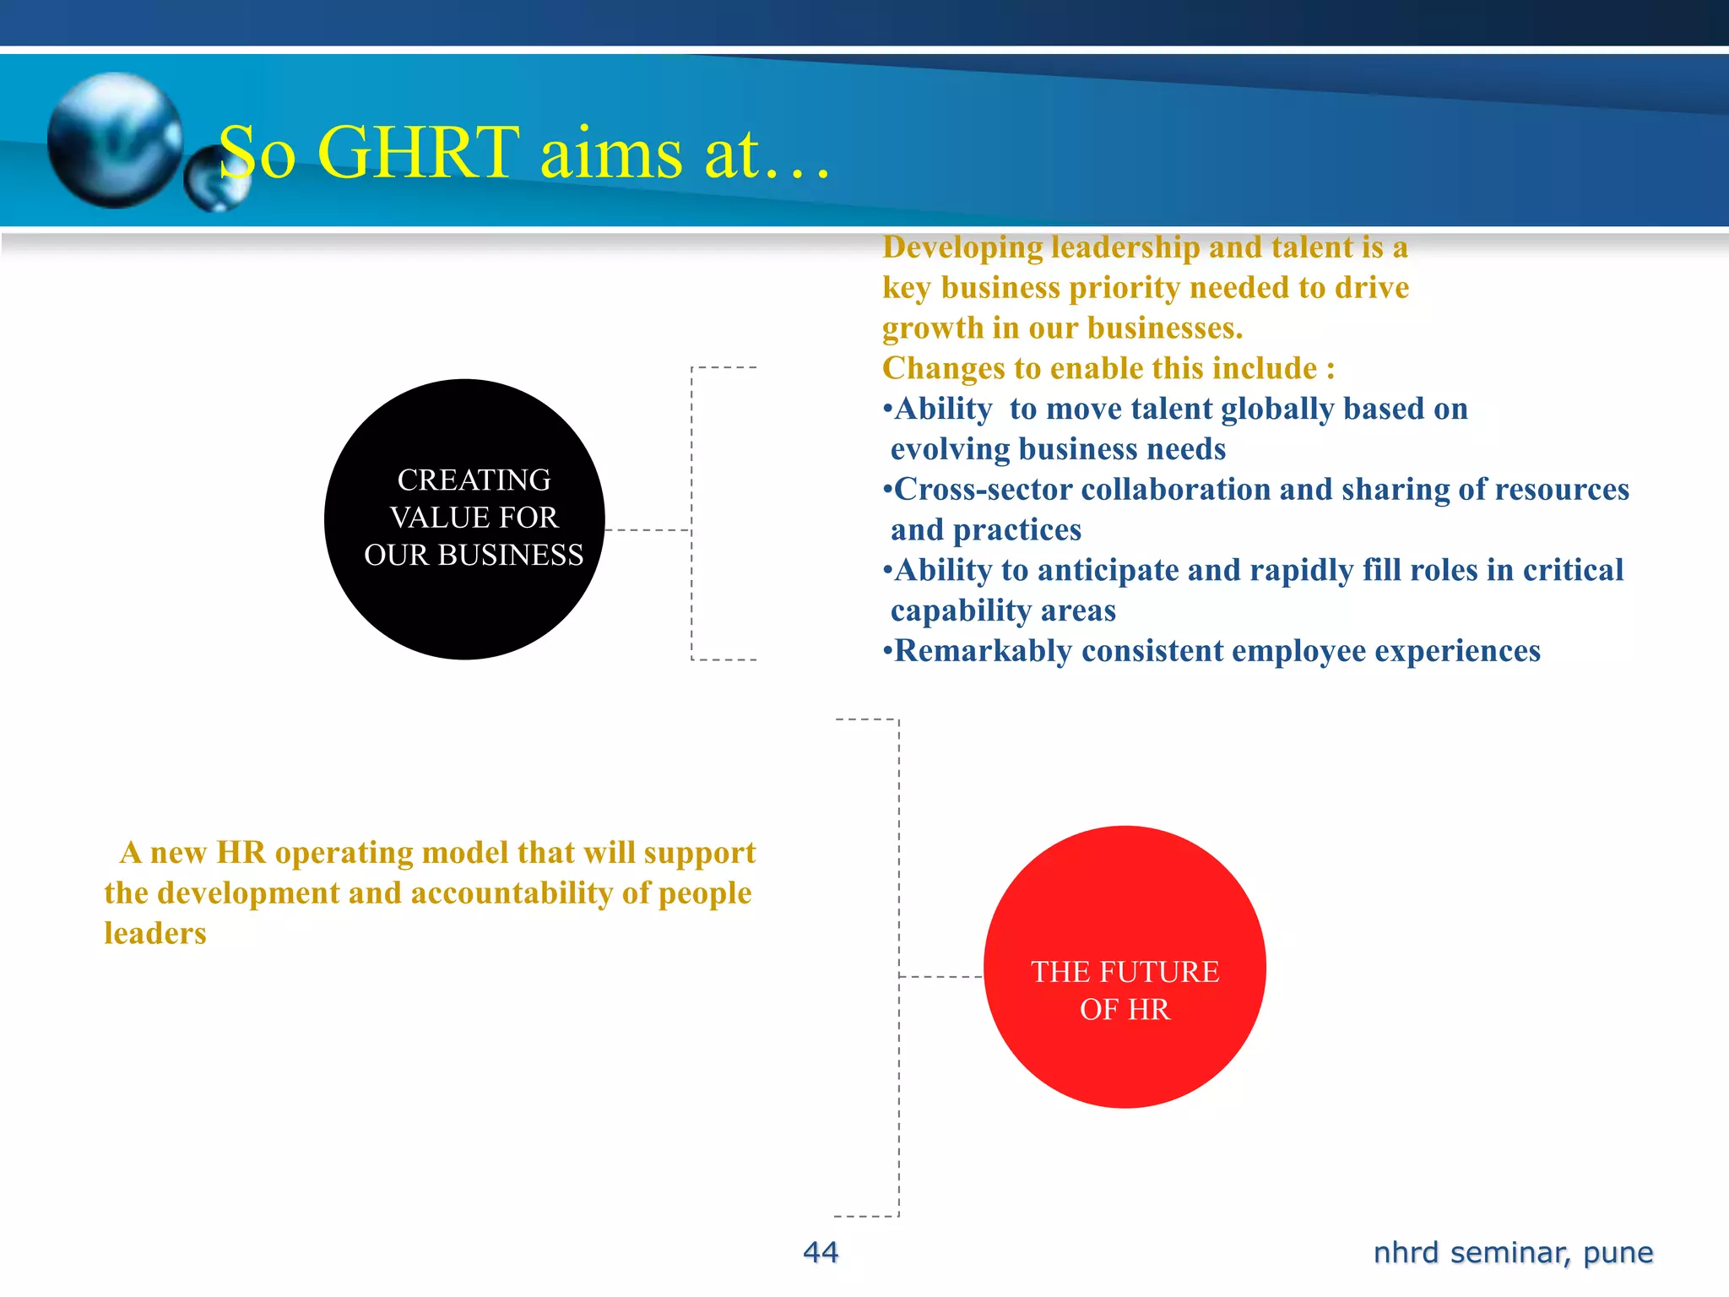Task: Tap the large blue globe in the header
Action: pos(115,140)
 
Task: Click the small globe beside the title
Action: pos(216,179)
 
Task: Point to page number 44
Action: pos(821,1252)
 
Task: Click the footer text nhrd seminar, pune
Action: pos(1513,1252)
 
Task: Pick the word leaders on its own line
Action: pos(155,933)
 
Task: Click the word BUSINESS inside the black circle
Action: pos(510,555)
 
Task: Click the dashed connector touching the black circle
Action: pos(648,530)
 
